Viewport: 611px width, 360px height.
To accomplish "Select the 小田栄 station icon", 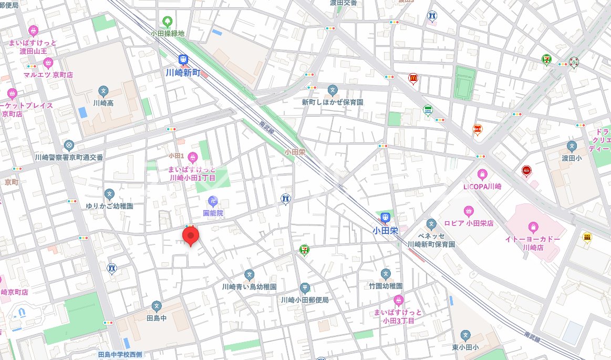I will [385, 217].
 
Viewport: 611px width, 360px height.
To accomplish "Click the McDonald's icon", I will [413, 79].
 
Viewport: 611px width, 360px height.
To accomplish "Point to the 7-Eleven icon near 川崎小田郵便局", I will [305, 250].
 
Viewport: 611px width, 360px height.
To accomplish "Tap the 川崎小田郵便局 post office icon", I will [305, 287].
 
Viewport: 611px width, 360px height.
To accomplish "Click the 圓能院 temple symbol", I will [213, 200].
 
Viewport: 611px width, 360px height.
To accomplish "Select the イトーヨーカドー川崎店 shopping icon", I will [533, 228].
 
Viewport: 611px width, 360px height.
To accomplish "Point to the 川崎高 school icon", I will [103, 91].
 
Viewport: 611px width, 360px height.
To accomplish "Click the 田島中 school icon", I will [157, 305].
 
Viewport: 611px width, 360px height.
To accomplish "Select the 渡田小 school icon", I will [572, 146].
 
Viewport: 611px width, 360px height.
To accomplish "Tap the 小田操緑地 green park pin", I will [168, 22].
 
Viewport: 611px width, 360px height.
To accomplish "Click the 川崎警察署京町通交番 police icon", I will [68, 145].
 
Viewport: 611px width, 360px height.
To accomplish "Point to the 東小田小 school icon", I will [465, 335].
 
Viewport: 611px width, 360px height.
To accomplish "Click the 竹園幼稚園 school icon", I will [386, 274].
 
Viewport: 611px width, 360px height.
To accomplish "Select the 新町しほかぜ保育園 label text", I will [332, 102].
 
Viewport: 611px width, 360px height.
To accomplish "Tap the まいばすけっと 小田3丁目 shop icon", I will [398, 301].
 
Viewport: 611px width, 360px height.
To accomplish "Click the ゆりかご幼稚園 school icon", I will [109, 194].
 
